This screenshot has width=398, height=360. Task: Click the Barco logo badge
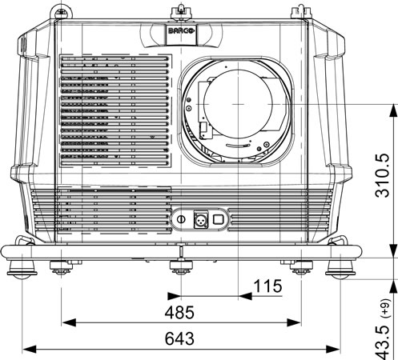tap(181, 31)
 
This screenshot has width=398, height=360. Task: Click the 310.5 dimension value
tap(383, 176)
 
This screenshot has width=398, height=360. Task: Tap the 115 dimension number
tap(267, 286)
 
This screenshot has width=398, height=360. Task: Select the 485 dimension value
tap(179, 312)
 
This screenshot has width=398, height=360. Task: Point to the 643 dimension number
tap(179, 338)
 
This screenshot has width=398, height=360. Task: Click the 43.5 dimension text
tap(383, 342)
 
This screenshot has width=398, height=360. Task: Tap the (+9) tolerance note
tap(386, 308)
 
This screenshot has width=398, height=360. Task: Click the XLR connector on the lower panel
tap(201, 219)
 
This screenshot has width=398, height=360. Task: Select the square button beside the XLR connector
tap(218, 219)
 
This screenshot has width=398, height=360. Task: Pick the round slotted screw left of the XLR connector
tap(182, 219)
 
